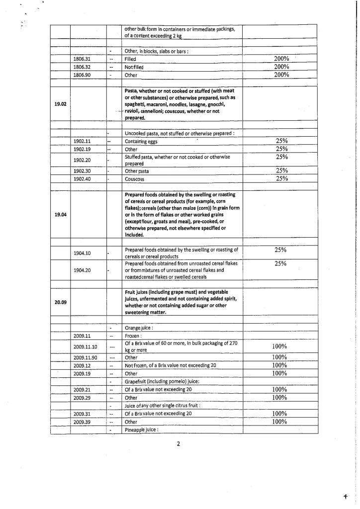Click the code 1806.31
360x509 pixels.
coord(82,59)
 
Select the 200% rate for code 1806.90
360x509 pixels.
coord(281,75)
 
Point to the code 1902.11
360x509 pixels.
coord(82,141)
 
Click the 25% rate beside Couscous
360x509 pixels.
coord(282,178)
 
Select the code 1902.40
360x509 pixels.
coord(82,179)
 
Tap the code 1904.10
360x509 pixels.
coord(82,253)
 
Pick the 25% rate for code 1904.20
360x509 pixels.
coord(281,263)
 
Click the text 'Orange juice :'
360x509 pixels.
coord(141,329)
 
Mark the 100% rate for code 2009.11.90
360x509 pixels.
coord(281,357)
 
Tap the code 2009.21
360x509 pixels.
coord(82,390)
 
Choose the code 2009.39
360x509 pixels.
coord(82,422)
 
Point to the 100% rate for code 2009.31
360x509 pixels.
coord(281,414)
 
